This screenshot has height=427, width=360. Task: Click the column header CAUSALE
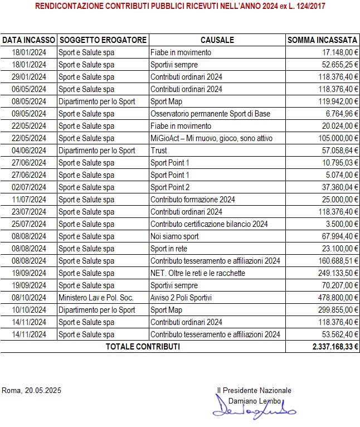[217, 40]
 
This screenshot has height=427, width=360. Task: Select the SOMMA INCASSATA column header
[322, 40]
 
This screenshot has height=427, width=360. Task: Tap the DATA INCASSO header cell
[29, 40]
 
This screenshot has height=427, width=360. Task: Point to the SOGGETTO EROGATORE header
[103, 40]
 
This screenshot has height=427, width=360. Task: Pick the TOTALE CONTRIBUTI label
[143, 346]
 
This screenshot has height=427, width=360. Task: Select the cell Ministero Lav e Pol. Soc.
[95, 298]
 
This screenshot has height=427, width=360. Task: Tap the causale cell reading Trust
[159, 151]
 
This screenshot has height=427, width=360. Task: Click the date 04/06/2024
[29, 151]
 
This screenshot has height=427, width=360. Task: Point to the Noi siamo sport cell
[174, 236]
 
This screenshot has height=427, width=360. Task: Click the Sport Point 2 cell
[170, 187]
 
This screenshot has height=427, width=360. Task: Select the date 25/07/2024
[29, 224]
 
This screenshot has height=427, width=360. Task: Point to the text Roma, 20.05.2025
[32, 390]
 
